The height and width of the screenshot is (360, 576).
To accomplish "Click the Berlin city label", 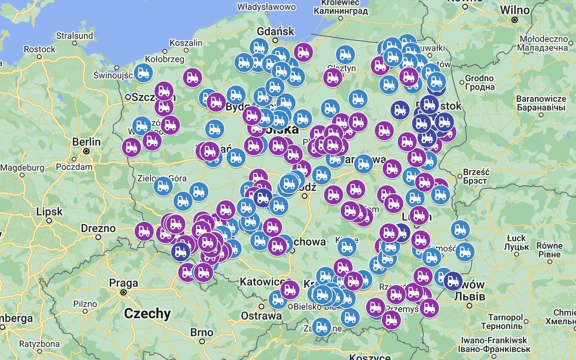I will coord(86,142).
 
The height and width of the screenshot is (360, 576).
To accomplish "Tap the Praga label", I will coord(124,283).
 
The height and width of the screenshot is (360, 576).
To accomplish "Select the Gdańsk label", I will coord(276,31).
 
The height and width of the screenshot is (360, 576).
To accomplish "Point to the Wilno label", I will coord(515,10).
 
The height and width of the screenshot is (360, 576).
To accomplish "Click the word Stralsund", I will coord(74,36).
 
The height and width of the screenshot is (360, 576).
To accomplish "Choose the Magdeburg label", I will coord(22,168).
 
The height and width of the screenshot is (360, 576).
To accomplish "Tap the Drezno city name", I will coord(98,228).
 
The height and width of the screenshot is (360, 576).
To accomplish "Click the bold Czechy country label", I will coord(147,313).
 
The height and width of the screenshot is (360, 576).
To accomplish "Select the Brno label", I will coord(202,332).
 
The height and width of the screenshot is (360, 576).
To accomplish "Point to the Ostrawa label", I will coord(261,316).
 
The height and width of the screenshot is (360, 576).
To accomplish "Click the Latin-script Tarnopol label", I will coord(505,317).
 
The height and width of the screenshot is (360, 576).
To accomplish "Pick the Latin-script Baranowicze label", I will coord(541,99).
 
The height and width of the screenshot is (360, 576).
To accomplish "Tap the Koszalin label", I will coord(186,43).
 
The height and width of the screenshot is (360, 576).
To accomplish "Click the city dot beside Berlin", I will coord(86,151).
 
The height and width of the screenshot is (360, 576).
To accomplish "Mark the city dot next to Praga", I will coord(124,292).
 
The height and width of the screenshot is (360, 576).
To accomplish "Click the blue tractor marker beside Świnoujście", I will coord(143,72).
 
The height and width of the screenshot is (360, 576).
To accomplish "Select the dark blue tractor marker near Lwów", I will coord(453,281).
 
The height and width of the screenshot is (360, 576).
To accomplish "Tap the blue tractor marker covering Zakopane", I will coord(322,327).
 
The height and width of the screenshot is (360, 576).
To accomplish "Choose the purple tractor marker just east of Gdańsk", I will coord(303,52).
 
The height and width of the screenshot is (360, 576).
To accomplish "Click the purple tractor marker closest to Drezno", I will coord(144,231).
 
